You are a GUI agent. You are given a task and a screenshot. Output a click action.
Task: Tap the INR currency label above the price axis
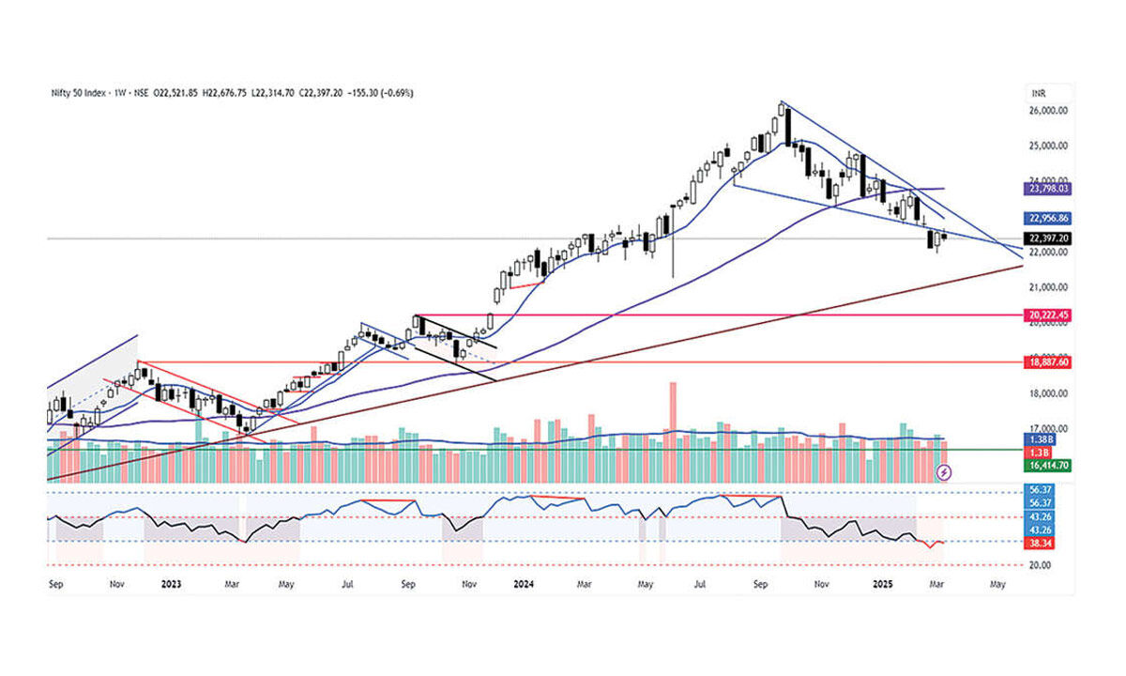pyautogui.click(x=1037, y=92)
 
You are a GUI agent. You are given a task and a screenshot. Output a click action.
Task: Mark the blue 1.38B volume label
pyautogui.click(x=1039, y=439)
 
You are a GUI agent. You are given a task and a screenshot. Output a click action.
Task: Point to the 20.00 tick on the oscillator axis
pyautogui.click(x=1040, y=565)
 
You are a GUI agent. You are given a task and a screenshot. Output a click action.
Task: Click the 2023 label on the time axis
pyautogui.click(x=171, y=583)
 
